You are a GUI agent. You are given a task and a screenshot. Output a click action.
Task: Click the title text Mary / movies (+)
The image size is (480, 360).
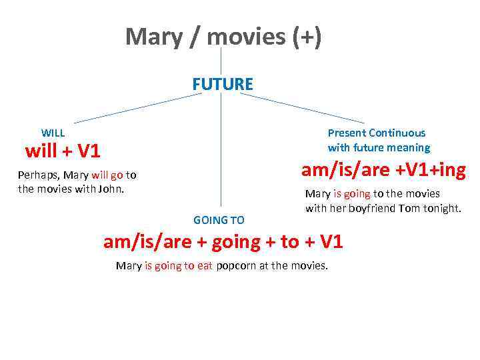coord(223,37)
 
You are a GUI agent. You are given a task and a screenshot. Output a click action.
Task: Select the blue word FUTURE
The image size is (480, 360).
coord(223,85)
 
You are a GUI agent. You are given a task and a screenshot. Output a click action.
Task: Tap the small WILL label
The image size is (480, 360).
coord(53,133)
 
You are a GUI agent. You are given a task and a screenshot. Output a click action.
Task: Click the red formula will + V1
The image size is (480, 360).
coord(63,152)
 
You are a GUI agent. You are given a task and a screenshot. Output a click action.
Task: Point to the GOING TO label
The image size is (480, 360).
coord(219,220)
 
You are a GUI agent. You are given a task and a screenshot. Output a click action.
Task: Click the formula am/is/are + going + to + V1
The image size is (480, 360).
coord(223,242)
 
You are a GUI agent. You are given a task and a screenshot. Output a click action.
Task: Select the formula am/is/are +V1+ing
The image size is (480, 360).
coord(383,171)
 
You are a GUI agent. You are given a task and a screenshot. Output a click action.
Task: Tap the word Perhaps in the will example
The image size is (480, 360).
coord(39,175)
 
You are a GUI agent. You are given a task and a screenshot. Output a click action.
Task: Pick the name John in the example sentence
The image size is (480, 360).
coord(111,189)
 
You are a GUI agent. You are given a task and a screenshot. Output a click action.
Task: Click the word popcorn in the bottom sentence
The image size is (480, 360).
coord(237,266)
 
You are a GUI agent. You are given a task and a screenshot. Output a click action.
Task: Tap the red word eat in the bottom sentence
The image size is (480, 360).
coord(204,266)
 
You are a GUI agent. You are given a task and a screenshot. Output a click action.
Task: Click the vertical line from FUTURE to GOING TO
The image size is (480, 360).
coord(221,153)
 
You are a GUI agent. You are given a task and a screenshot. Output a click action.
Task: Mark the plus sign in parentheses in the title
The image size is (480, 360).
coord(306,37)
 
